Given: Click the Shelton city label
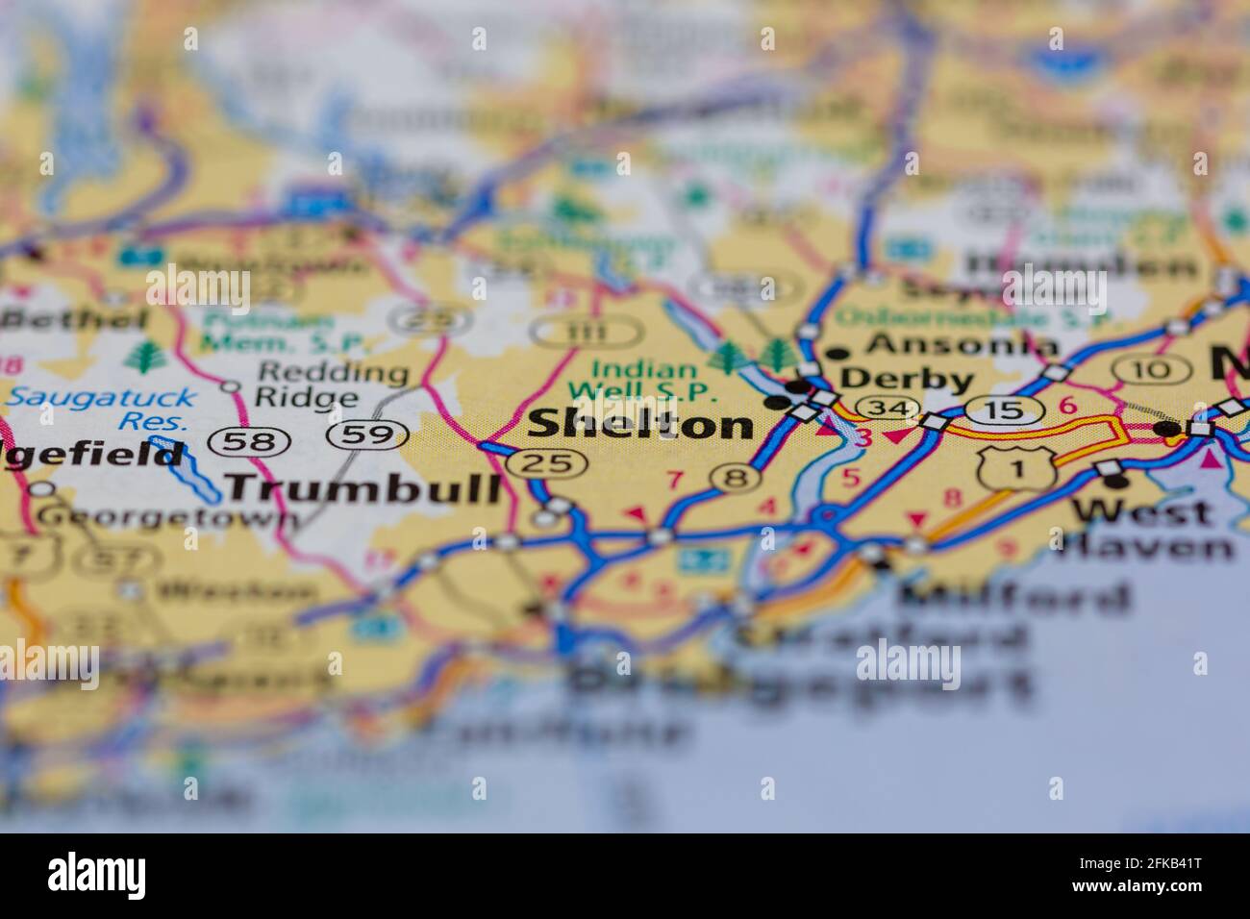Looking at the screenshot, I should (641, 424).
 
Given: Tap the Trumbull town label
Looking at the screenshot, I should (364, 488).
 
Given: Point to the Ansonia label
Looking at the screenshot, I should (962, 344).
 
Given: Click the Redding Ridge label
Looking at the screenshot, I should (319, 385).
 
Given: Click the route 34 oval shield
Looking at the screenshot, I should (884, 408).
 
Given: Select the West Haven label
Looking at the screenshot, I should (1144, 528).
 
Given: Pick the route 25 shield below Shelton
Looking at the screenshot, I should (546, 463).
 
